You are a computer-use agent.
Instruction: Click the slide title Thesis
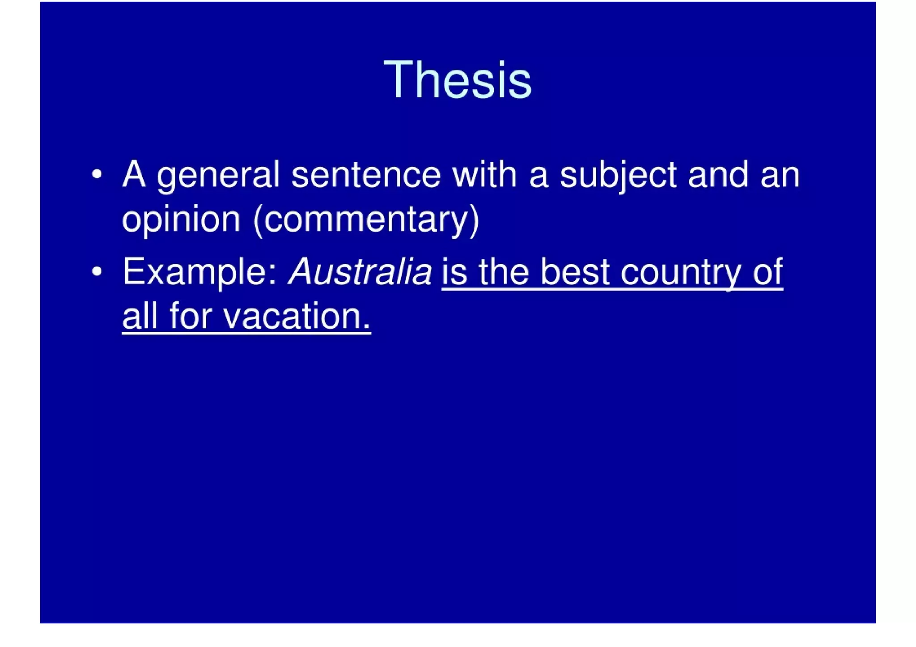[x=458, y=80]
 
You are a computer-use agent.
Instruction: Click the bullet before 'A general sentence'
[x=97, y=174]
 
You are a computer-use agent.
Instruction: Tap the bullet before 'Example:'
[x=97, y=271]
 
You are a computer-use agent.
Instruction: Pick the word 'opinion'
[x=181, y=220]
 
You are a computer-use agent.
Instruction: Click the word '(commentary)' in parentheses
[x=366, y=220]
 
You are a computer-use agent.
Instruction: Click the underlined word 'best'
[x=575, y=271]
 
